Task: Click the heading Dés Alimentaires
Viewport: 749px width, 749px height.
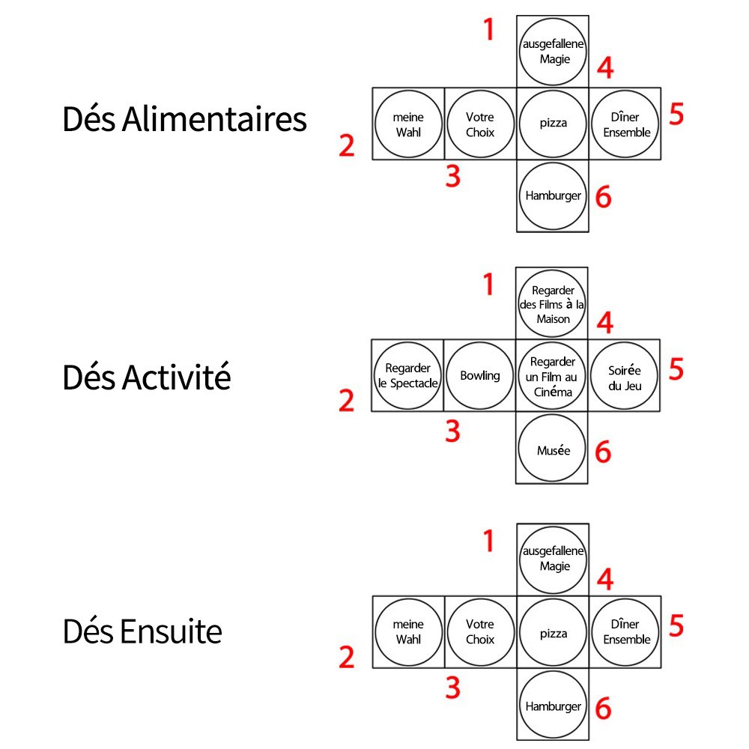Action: tap(184, 120)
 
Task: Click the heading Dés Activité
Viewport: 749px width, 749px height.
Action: tap(147, 377)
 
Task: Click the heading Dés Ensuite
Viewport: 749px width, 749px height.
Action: tap(142, 632)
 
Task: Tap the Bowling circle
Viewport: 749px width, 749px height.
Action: tap(480, 375)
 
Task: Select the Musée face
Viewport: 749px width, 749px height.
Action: tap(553, 449)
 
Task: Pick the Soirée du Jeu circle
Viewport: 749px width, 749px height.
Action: tap(625, 375)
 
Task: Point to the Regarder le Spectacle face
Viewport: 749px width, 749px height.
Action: tap(408, 375)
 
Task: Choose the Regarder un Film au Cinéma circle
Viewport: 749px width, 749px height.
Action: tap(553, 375)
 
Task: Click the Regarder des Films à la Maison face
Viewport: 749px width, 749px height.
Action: tap(553, 303)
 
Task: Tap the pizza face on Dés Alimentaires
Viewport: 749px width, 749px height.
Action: tap(553, 124)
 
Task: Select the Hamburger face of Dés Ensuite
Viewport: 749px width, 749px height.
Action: tap(553, 706)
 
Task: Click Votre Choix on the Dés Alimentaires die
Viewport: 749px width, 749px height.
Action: tap(480, 124)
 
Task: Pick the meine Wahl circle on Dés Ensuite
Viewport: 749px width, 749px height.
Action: tap(408, 632)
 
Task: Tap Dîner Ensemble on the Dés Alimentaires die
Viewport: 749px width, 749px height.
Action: tap(625, 124)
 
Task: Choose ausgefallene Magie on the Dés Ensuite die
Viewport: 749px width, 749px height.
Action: tap(553, 559)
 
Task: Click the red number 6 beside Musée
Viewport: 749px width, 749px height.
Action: tap(603, 452)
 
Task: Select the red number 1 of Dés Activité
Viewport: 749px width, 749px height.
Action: tap(488, 285)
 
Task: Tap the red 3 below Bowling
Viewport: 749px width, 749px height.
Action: tap(452, 431)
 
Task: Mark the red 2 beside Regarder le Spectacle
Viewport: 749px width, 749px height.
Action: tap(346, 401)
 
